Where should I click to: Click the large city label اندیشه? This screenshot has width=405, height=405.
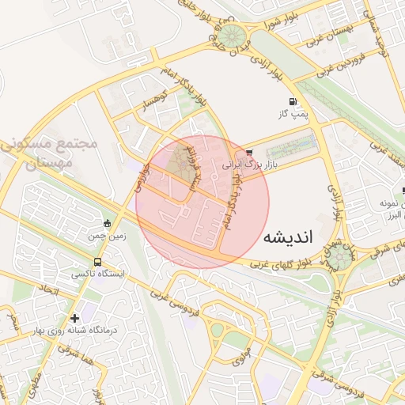tap(288, 237)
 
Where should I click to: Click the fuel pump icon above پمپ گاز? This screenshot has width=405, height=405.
tap(293, 101)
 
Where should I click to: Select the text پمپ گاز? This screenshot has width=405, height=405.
tap(293, 115)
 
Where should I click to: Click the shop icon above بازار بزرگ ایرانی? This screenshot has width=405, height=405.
tap(249, 152)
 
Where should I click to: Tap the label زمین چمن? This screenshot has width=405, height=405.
tap(108, 236)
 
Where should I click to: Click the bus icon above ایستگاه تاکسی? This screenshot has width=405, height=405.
tap(97, 262)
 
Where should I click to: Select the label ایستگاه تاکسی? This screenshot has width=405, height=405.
tap(93, 274)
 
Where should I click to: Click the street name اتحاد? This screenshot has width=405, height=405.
tap(49, 293)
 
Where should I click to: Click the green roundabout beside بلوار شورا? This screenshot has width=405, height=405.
tap(233, 36)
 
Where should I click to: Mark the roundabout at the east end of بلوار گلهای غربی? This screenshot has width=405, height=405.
tap(343, 255)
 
